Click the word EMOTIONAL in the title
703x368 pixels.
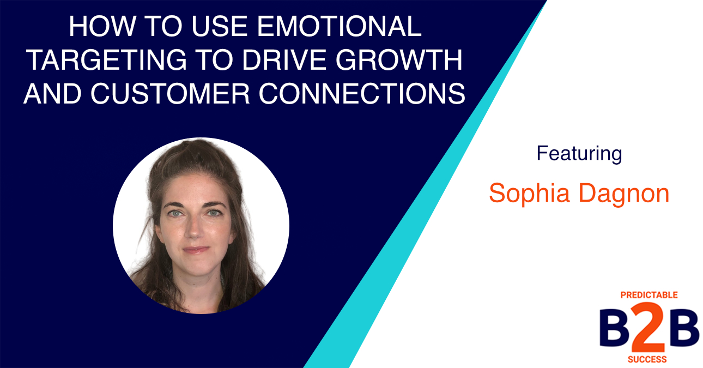click(340, 26)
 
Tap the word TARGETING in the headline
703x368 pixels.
click(107, 59)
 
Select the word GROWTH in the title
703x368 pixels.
click(398, 59)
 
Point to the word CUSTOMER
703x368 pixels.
click(170, 93)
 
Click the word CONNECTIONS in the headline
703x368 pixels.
click(362, 93)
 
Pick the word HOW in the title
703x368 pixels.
click(102, 26)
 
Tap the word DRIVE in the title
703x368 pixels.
click(284, 59)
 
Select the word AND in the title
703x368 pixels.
click(53, 93)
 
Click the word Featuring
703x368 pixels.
click(579, 154)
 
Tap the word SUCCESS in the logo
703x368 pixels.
click(647, 359)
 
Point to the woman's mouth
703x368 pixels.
click(196, 250)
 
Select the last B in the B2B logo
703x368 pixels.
click(683, 328)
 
